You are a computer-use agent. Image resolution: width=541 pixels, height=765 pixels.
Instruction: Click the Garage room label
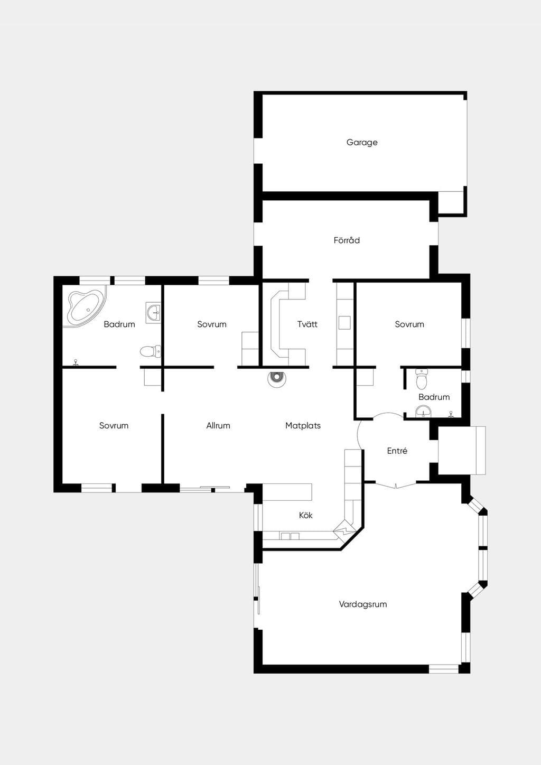pyautogui.click(x=362, y=143)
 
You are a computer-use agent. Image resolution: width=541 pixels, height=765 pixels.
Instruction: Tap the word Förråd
pyautogui.click(x=347, y=240)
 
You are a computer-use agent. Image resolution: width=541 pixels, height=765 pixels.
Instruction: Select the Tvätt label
pyautogui.click(x=307, y=324)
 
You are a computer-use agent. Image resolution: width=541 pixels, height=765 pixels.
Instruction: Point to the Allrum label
pyautogui.click(x=218, y=425)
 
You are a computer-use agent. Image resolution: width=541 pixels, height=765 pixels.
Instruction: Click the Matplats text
pyautogui.click(x=303, y=426)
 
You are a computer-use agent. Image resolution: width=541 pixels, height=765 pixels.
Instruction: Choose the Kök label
pyautogui.click(x=306, y=515)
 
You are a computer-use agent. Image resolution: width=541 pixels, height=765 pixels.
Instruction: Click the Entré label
pyautogui.click(x=397, y=451)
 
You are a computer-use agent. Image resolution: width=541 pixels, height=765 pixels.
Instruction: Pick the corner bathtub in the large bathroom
pyautogui.click(x=87, y=306)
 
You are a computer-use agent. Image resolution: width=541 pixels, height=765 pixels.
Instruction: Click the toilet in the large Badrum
pyautogui.click(x=150, y=351)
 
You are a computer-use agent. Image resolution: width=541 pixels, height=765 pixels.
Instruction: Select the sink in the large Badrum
pyautogui.click(x=153, y=312)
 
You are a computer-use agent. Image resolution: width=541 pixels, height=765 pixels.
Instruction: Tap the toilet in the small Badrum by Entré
pyautogui.click(x=422, y=379)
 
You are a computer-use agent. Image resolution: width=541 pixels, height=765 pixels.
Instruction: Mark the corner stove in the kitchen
pyautogui.click(x=345, y=530)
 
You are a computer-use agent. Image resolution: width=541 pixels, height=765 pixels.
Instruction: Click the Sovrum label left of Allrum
pyautogui.click(x=114, y=425)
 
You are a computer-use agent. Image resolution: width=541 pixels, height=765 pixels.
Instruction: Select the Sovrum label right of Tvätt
pyautogui.click(x=409, y=324)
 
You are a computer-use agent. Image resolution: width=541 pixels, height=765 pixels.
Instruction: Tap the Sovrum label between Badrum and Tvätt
pyautogui.click(x=212, y=324)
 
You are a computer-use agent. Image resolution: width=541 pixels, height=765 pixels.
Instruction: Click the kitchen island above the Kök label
pyautogui.click(x=287, y=492)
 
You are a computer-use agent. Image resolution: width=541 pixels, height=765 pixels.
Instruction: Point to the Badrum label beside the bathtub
pyautogui.click(x=119, y=324)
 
